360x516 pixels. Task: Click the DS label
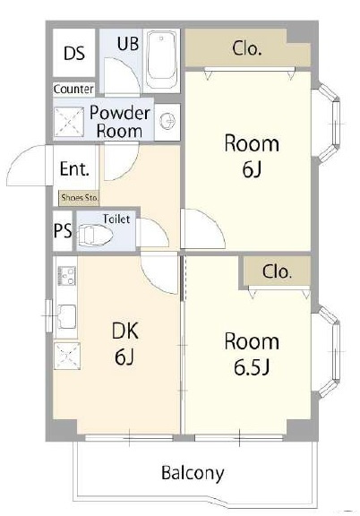click(x=74, y=53)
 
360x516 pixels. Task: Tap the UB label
click(x=128, y=43)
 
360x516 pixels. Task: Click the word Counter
click(x=73, y=89)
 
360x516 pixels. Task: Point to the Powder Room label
click(x=120, y=122)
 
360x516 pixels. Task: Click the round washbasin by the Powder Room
click(x=167, y=121)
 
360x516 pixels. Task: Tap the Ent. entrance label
click(x=74, y=168)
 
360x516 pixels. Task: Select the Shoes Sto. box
click(x=79, y=198)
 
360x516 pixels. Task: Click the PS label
click(x=63, y=231)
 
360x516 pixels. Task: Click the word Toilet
click(x=116, y=219)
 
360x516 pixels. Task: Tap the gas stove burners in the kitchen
click(x=67, y=276)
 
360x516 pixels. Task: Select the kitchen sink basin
click(x=67, y=316)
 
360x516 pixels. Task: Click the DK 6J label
click(x=125, y=343)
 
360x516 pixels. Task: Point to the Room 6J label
click(x=252, y=156)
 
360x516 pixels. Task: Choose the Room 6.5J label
click(x=252, y=354)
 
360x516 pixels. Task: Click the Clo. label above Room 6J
click(x=247, y=48)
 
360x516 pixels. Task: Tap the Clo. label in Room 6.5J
click(x=277, y=271)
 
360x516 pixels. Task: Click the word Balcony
click(x=193, y=473)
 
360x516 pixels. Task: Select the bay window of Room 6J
click(x=329, y=123)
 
